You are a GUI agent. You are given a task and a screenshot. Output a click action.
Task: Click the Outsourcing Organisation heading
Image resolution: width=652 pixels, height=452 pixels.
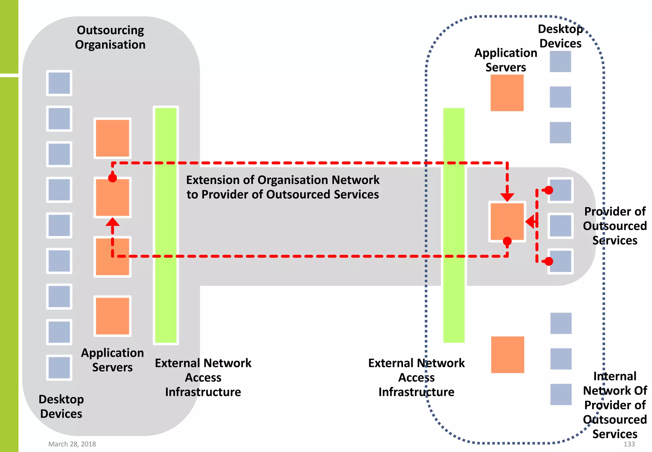click(110, 37)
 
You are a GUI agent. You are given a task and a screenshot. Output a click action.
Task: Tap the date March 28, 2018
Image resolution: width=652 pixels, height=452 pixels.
click(72, 444)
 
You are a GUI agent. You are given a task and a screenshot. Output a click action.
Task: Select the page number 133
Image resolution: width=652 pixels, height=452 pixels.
click(629, 444)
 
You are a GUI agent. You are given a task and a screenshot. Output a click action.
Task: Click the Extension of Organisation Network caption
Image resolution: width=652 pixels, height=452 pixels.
click(283, 187)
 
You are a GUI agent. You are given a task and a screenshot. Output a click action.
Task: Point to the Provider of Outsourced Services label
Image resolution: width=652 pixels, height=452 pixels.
click(615, 226)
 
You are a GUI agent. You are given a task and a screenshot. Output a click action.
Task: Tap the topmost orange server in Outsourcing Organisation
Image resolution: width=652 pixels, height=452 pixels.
click(112, 138)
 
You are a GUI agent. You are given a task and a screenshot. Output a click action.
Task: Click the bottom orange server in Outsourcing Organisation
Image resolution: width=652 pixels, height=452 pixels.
click(112, 316)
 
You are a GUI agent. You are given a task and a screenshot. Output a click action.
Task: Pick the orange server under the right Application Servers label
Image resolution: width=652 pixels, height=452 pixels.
click(507, 93)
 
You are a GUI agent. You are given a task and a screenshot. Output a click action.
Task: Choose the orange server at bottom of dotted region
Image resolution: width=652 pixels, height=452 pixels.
click(507, 354)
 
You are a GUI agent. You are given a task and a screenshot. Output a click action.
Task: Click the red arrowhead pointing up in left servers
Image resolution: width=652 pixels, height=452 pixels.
click(112, 222)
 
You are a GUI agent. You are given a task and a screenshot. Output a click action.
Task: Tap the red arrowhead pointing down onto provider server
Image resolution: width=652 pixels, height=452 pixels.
click(507, 197)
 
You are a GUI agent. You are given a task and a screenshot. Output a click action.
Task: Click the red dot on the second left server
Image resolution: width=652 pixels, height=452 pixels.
click(112, 178)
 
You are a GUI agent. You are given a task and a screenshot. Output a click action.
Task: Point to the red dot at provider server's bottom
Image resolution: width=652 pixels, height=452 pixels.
click(507, 241)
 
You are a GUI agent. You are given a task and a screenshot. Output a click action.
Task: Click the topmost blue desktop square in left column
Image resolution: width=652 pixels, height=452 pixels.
click(59, 83)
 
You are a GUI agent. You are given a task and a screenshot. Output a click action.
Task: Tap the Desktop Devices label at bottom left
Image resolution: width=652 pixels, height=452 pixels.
click(61, 406)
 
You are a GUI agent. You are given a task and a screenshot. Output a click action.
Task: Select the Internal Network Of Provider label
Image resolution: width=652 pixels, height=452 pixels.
click(615, 405)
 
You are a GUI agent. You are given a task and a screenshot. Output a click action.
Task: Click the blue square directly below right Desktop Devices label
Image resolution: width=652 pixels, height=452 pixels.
click(560, 62)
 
